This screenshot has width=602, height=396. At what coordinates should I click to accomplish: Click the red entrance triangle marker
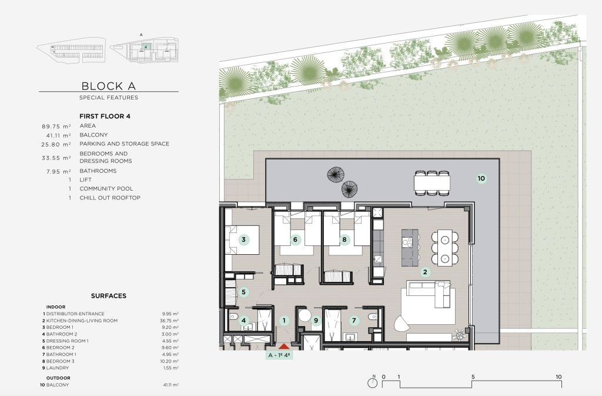284,347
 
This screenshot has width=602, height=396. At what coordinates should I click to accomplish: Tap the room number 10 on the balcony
481,178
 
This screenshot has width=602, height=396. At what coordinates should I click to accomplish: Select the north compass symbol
373,382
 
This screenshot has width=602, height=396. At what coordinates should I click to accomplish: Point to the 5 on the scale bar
473,377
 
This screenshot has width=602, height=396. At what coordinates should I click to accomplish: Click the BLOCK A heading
109,86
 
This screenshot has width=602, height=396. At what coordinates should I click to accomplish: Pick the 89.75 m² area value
56,126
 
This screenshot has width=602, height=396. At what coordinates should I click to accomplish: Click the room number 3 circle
243,239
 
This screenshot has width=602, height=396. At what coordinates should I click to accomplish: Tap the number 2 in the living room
424,272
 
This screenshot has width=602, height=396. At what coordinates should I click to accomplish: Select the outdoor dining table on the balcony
432,182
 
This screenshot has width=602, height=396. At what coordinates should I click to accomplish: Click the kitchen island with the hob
410,248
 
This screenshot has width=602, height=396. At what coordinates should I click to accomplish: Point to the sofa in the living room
429,293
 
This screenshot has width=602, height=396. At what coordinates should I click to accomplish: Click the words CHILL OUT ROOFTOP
110,198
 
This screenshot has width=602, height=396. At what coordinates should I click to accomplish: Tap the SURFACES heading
109,296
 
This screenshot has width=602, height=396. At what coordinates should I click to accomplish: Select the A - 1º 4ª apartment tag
279,355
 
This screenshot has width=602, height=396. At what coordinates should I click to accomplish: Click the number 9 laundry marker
316,320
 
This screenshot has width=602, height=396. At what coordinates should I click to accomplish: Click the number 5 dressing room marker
243,292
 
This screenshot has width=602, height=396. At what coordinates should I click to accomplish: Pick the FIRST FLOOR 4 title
105,116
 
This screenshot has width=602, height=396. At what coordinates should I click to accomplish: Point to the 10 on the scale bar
558,377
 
